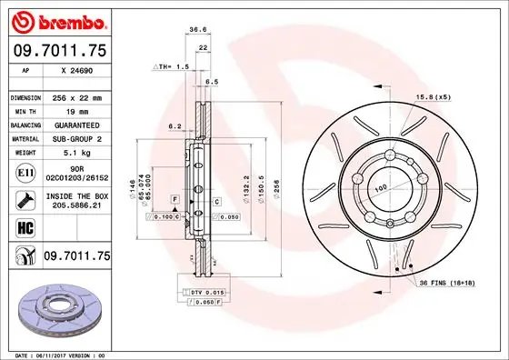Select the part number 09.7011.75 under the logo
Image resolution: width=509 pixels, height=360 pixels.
(x=58, y=52)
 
